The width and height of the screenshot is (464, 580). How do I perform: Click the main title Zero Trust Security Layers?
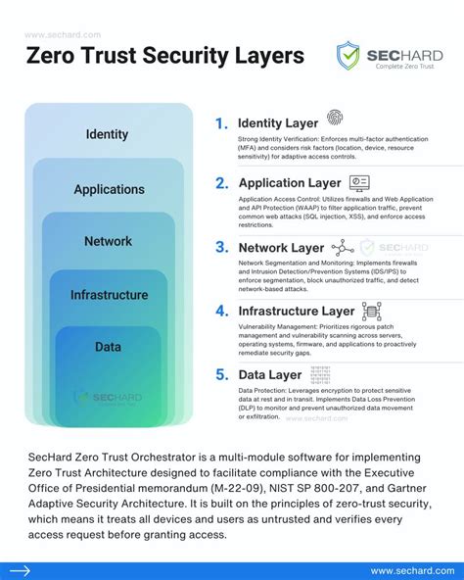(x=163, y=56)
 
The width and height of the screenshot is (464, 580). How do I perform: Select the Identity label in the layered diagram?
(x=108, y=134)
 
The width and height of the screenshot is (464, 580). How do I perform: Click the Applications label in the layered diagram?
(x=109, y=189)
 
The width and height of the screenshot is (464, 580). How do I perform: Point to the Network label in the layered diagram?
(x=108, y=241)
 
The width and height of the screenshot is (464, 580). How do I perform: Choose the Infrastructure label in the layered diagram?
(x=109, y=294)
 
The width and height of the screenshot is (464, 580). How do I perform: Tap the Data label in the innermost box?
(x=108, y=346)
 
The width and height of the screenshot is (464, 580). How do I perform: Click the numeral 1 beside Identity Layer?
(x=221, y=123)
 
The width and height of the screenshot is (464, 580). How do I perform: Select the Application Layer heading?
(x=290, y=182)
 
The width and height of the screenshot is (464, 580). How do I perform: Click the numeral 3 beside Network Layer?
(x=221, y=247)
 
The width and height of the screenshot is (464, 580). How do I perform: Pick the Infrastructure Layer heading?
(x=296, y=312)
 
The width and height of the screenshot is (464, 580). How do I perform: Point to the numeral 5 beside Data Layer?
(x=221, y=374)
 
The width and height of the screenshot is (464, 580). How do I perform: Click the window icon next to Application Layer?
(x=359, y=181)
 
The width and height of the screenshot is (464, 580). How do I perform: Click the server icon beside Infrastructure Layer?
(x=371, y=312)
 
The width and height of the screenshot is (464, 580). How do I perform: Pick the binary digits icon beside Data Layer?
(x=319, y=373)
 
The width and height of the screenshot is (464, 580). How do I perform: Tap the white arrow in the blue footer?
(x=21, y=570)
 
